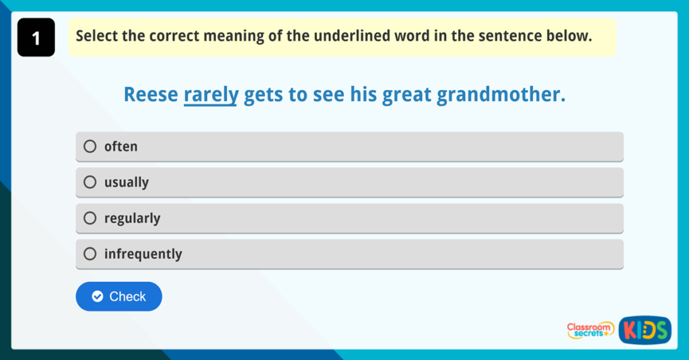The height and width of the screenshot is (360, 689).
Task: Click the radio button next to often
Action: coord(90,147)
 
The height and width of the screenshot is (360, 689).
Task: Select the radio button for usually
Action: coord(90,182)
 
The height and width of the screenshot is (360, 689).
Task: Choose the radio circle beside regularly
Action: coord(90,218)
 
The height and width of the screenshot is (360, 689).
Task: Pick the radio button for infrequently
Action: coord(90,254)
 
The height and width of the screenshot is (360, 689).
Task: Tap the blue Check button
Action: coord(119,297)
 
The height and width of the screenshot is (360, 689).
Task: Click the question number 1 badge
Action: coord(36,38)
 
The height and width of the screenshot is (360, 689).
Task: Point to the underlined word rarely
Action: coord(211,95)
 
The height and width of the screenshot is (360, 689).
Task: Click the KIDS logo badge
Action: coord(645,330)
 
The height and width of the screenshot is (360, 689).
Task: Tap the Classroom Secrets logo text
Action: coord(590,330)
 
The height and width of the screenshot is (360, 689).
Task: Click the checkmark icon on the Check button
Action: coord(98,297)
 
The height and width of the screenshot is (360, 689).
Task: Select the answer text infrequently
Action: coord(143,254)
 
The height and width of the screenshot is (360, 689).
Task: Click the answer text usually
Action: coord(126,182)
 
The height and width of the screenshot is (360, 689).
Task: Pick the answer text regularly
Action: coord(132,219)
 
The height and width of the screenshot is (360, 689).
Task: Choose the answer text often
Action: coord(120,147)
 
